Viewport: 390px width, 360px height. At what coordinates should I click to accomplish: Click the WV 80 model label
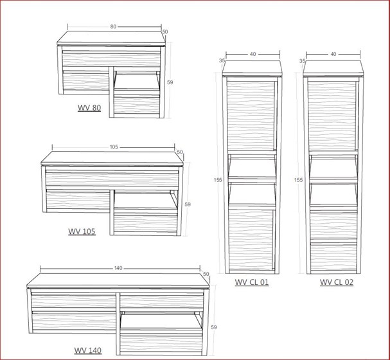[x=89, y=108]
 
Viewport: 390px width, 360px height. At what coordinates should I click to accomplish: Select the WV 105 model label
[x=82, y=231]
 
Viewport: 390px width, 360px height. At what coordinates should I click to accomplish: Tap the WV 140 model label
[x=87, y=350]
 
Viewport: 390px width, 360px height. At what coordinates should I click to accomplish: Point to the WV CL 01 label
[x=252, y=282]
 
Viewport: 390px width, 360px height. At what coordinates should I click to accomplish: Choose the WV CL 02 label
[x=337, y=282]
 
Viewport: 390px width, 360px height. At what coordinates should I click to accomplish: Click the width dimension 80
[x=113, y=27]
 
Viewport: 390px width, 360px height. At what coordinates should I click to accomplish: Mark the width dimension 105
[x=114, y=147]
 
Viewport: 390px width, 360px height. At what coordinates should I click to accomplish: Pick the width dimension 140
[x=118, y=268]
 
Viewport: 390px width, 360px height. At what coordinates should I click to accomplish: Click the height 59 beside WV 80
[x=170, y=82]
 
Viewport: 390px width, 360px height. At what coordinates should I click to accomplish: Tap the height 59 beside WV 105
[x=188, y=204]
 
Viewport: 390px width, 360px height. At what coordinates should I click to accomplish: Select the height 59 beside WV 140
[x=214, y=327]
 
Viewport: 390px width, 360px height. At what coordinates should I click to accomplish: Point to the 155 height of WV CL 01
[x=218, y=180]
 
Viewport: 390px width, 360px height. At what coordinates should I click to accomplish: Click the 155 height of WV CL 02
[x=298, y=180]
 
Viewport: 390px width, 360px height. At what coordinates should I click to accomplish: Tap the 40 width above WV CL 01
[x=253, y=55]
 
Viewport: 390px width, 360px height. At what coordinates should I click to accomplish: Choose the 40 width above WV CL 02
[x=333, y=55]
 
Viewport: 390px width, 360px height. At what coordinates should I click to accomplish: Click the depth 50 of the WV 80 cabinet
[x=164, y=32]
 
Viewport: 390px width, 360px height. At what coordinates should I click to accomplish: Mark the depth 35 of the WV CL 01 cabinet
[x=222, y=60]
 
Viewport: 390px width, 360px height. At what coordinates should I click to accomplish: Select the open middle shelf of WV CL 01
[x=253, y=168]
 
